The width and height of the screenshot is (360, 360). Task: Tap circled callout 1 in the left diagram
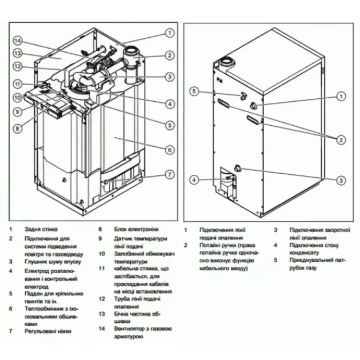(x=170, y=33)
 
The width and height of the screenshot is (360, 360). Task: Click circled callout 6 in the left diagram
(x=170, y=149)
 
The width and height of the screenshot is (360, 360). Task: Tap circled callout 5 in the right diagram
(x=194, y=91)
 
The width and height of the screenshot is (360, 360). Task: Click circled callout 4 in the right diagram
(x=194, y=179)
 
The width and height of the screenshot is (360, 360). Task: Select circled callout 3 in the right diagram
(x=341, y=180)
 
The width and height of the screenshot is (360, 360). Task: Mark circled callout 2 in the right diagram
(x=341, y=139)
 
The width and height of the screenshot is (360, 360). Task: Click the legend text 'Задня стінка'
(x=41, y=229)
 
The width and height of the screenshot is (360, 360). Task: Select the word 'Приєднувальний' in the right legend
(x=313, y=261)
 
